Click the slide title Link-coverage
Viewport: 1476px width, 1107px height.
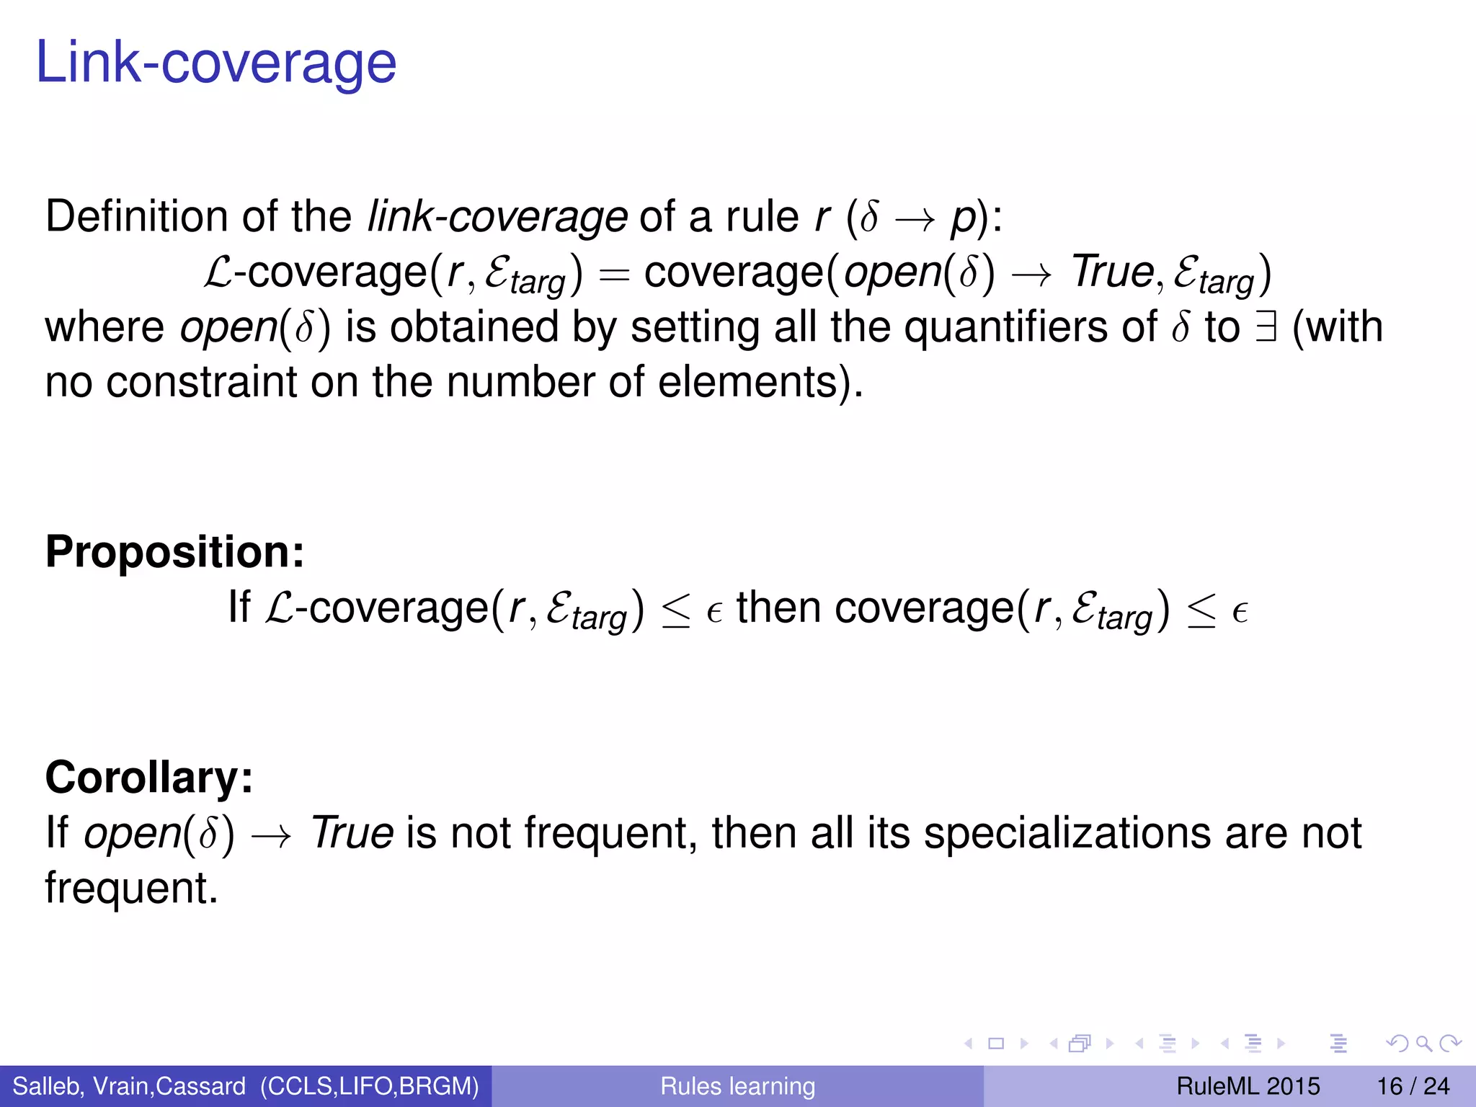tap(215, 63)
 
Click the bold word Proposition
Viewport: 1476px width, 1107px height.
tap(174, 552)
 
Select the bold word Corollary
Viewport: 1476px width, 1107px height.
tap(149, 778)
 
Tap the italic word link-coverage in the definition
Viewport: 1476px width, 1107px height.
tap(497, 216)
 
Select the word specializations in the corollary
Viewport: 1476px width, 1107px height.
tap(1067, 833)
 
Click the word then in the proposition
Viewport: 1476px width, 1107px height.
tap(778, 607)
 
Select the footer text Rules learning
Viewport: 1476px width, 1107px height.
tap(737, 1086)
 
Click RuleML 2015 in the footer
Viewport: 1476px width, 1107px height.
tap(1248, 1086)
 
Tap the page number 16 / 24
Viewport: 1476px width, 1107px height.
tap(1413, 1086)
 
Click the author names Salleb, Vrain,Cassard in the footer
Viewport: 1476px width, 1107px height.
tap(129, 1086)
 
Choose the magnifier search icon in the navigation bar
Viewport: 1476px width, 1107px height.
tap(1423, 1043)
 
